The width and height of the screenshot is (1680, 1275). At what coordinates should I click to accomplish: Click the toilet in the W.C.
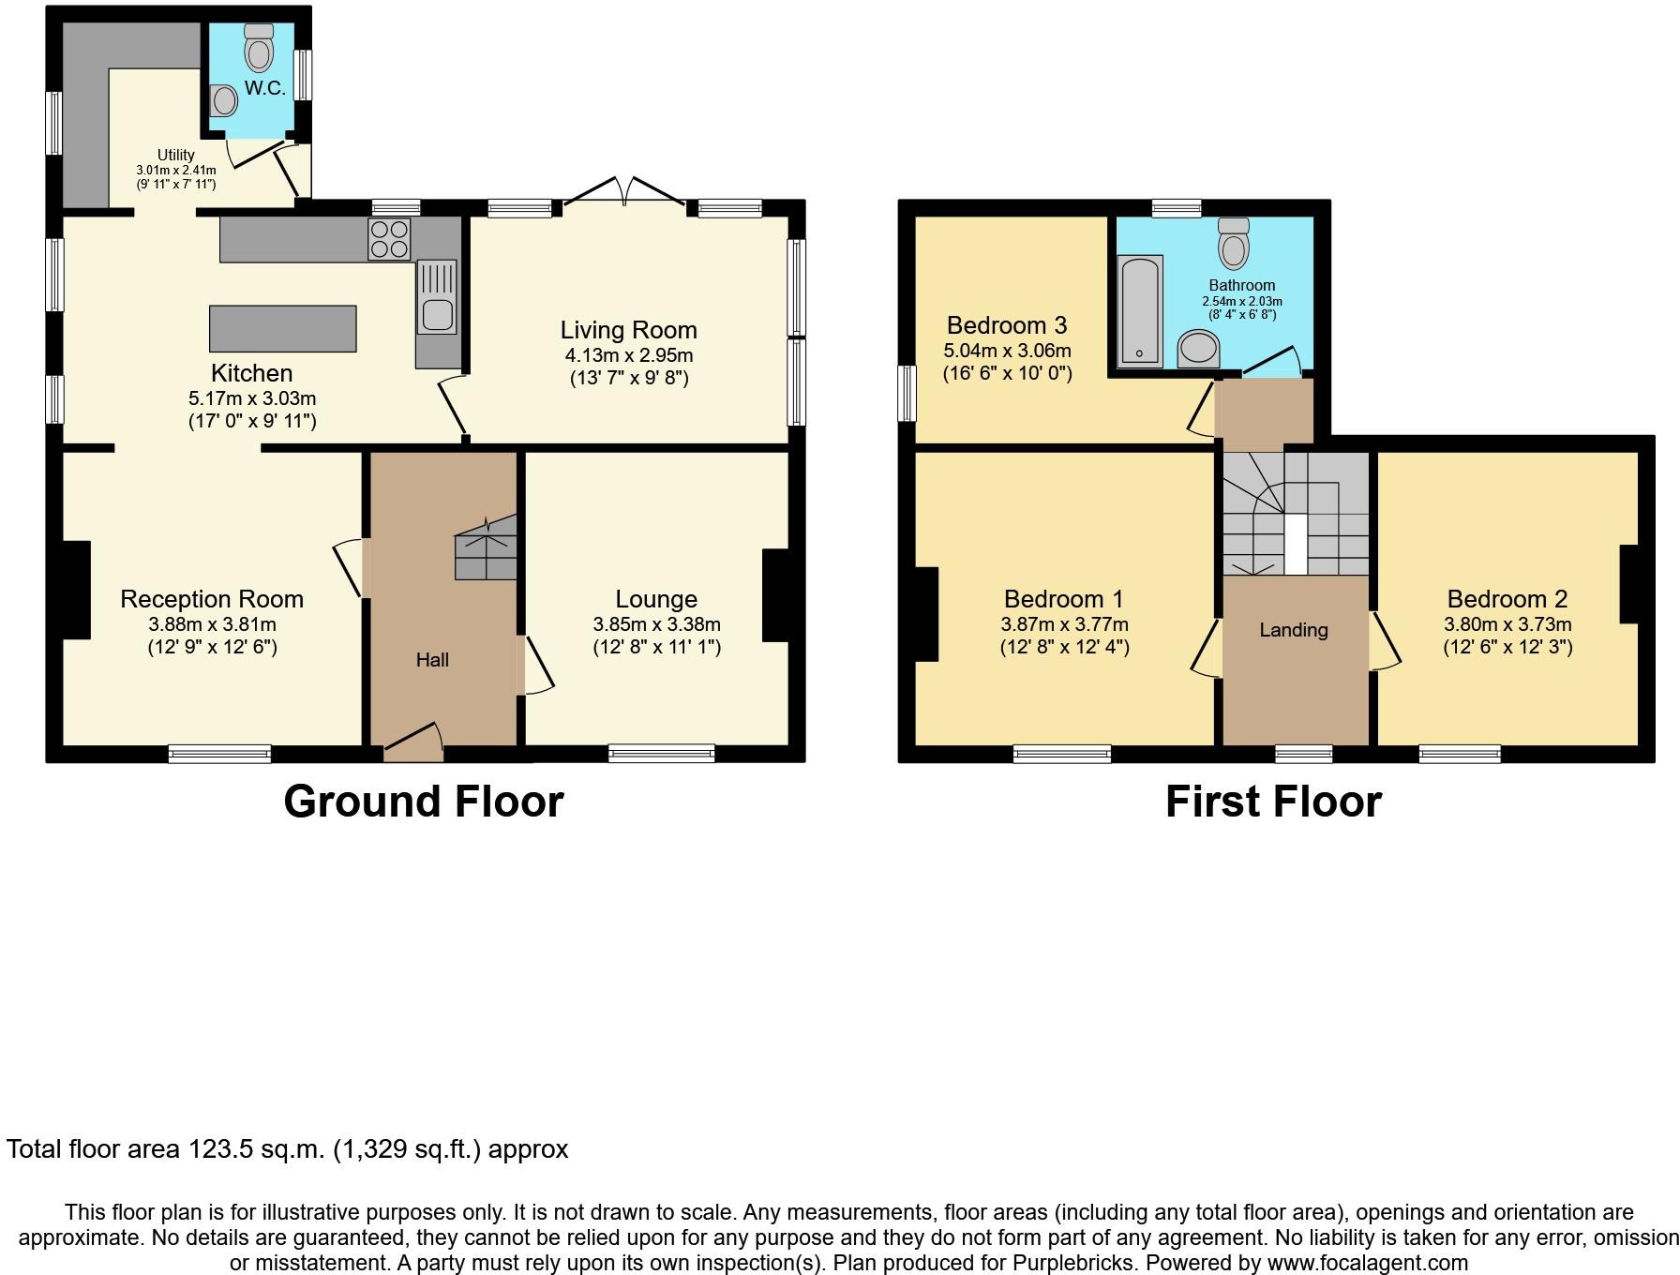[x=259, y=48]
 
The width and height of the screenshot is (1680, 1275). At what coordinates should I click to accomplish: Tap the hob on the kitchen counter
[x=390, y=238]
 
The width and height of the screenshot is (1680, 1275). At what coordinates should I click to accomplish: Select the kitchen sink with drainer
[x=437, y=296]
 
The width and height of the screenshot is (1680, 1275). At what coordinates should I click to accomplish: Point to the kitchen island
[x=283, y=328]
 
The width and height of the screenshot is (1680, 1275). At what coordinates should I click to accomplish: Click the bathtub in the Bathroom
[x=1140, y=310]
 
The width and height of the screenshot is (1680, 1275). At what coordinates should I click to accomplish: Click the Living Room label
[x=629, y=330]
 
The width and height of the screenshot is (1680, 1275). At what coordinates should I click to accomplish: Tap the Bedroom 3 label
[x=1007, y=325]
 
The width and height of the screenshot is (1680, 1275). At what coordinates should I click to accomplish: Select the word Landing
[x=1293, y=630]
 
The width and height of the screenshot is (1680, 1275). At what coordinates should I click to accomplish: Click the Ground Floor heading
[x=424, y=802]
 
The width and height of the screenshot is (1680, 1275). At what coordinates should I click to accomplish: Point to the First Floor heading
[x=1273, y=802]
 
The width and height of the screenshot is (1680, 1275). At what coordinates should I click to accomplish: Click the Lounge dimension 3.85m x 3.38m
[x=656, y=624]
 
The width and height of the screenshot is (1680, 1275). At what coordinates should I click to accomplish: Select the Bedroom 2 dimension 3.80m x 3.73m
[x=1507, y=624]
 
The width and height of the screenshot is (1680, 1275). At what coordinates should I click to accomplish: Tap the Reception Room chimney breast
[x=77, y=591]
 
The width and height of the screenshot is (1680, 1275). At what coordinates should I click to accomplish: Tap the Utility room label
[x=176, y=155]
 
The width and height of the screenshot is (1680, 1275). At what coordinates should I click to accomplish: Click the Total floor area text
[x=288, y=1149]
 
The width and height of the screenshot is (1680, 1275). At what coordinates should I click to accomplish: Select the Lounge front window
[x=662, y=752]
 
